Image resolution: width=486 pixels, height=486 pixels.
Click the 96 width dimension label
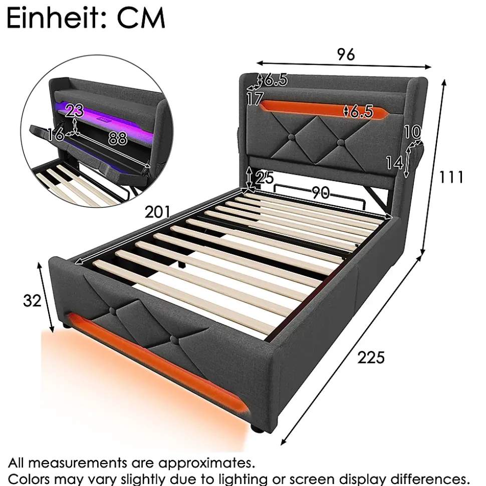(x=346, y=55)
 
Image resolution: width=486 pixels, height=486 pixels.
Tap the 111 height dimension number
(x=451, y=178)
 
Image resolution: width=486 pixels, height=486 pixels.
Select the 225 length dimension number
(x=371, y=357)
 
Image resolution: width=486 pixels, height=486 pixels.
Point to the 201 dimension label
(x=158, y=212)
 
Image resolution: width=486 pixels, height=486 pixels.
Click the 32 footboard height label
(x=32, y=301)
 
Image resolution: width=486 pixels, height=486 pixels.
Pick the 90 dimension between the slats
(x=321, y=193)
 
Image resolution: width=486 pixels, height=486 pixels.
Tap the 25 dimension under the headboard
(x=265, y=178)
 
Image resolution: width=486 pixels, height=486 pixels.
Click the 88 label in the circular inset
(x=118, y=138)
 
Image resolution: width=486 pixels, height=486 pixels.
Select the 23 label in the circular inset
(x=75, y=111)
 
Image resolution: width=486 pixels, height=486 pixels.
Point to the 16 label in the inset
(x=56, y=135)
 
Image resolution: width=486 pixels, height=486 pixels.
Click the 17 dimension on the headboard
(x=255, y=99)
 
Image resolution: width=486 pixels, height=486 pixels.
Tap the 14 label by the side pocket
(x=394, y=162)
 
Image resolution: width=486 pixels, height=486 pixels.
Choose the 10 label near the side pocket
(x=412, y=132)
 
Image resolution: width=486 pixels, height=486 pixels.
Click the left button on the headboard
(x=291, y=137)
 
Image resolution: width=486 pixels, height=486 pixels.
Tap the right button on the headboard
(x=341, y=143)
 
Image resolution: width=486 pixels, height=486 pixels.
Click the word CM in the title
(x=141, y=19)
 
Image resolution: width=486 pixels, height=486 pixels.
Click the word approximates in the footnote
(x=206, y=463)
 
